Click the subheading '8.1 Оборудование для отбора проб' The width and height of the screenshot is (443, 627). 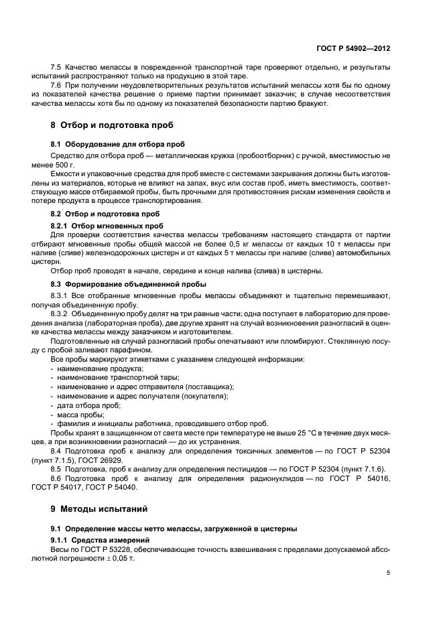click(x=115, y=144)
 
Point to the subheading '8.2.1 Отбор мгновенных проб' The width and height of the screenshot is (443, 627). click(x=107, y=225)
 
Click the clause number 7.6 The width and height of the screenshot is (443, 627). click(x=57, y=86)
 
